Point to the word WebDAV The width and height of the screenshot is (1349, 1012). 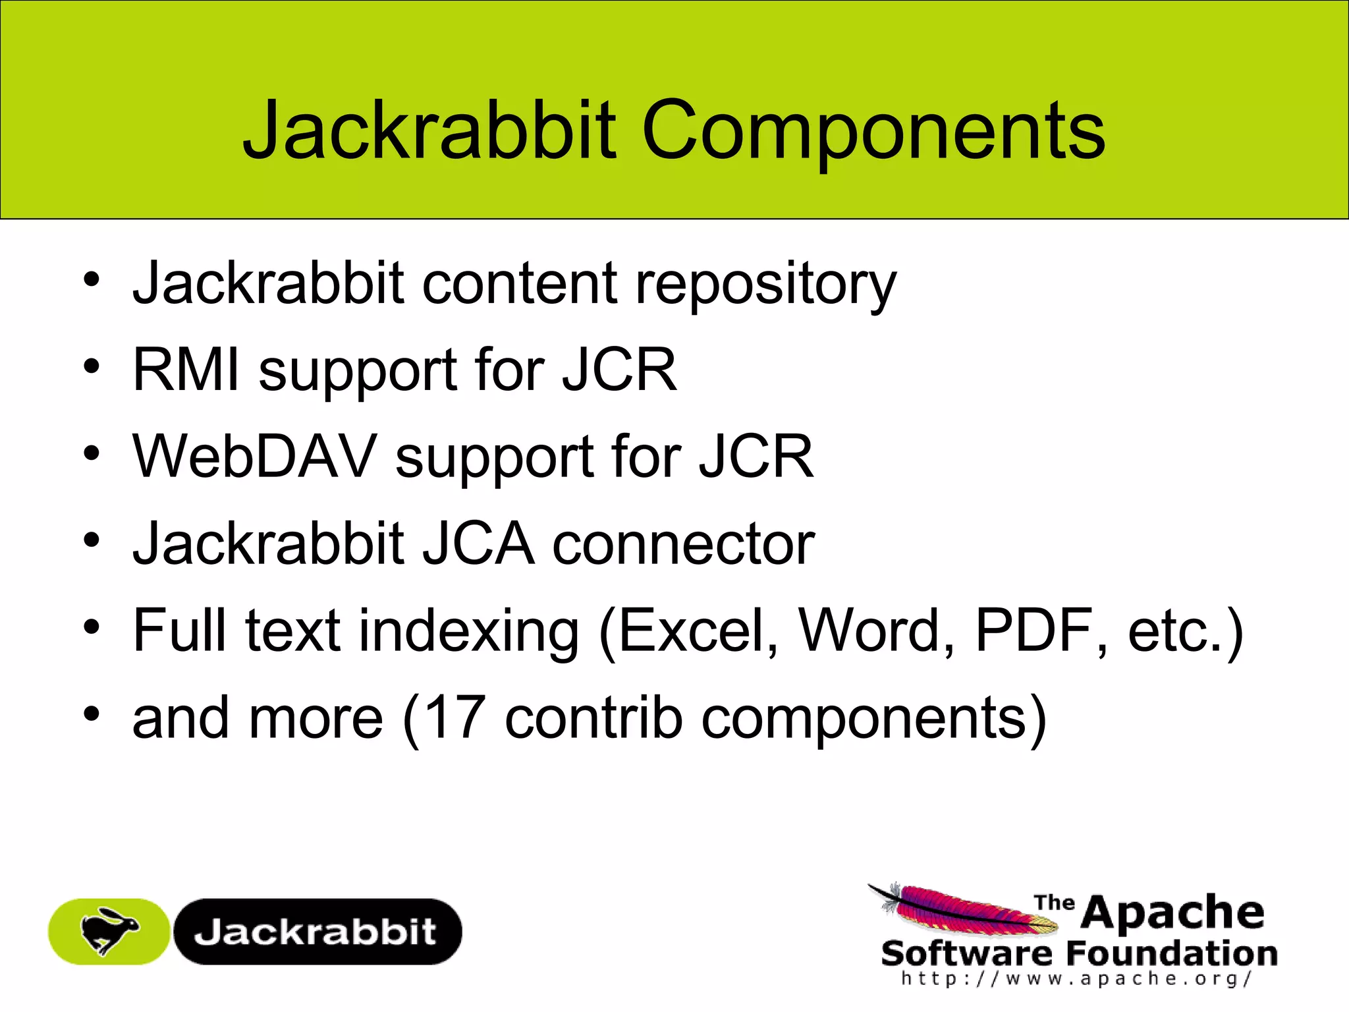click(x=254, y=457)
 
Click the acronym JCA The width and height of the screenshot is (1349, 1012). click(x=478, y=544)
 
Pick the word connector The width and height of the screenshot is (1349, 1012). click(x=683, y=545)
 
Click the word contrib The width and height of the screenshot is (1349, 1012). click(x=593, y=717)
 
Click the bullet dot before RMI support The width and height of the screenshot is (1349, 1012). click(x=92, y=366)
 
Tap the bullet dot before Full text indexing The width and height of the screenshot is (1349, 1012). click(x=92, y=627)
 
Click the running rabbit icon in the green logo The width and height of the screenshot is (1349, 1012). click(x=109, y=930)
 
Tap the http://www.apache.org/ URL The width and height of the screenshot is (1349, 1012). click(x=1076, y=979)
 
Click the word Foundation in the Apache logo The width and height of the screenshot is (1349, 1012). click(x=1171, y=953)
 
